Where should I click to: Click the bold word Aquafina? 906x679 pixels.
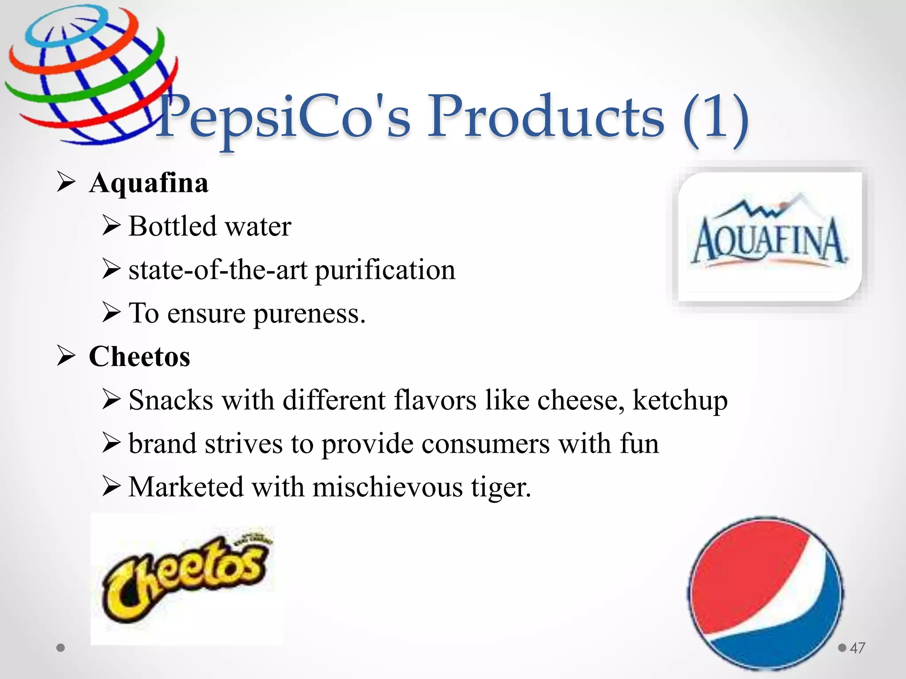pyautogui.click(x=149, y=183)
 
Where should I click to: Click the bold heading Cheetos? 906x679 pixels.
pyautogui.click(x=139, y=356)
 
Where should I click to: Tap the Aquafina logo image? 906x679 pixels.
pyautogui.click(x=770, y=237)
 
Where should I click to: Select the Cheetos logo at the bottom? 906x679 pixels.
pyautogui.click(x=186, y=577)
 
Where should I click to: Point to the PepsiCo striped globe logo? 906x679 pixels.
pyautogui.click(x=91, y=75)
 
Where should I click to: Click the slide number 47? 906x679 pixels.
pyautogui.click(x=857, y=648)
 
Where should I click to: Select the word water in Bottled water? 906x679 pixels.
pyautogui.click(x=258, y=226)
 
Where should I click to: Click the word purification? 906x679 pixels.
pyautogui.click(x=385, y=270)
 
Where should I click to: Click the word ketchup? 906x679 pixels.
pyautogui.click(x=680, y=401)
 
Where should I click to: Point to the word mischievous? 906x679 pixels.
pyautogui.click(x=387, y=487)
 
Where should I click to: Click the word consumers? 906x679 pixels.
pyautogui.click(x=486, y=444)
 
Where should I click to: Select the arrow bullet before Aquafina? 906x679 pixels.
pyautogui.click(x=66, y=182)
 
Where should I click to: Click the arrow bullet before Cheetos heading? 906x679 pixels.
pyautogui.click(x=66, y=356)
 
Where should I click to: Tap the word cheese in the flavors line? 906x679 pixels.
pyautogui.click(x=581, y=401)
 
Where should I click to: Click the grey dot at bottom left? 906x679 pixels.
pyautogui.click(x=61, y=648)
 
